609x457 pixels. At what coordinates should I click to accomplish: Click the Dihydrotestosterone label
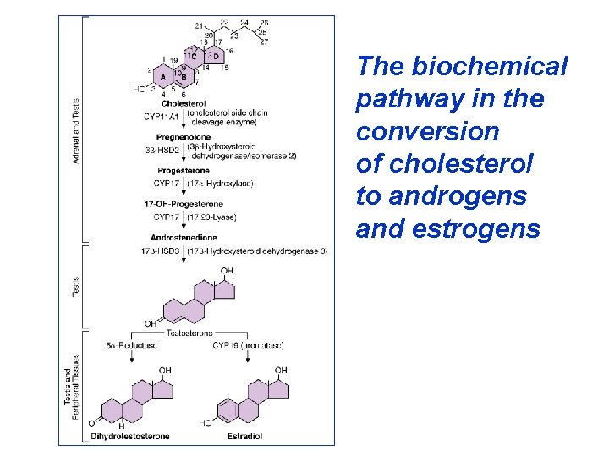tap(130, 437)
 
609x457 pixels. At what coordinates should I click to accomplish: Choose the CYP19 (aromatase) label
tap(248, 345)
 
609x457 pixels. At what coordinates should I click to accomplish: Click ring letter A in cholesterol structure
tap(162, 76)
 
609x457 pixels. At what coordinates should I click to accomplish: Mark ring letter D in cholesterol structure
tap(215, 57)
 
